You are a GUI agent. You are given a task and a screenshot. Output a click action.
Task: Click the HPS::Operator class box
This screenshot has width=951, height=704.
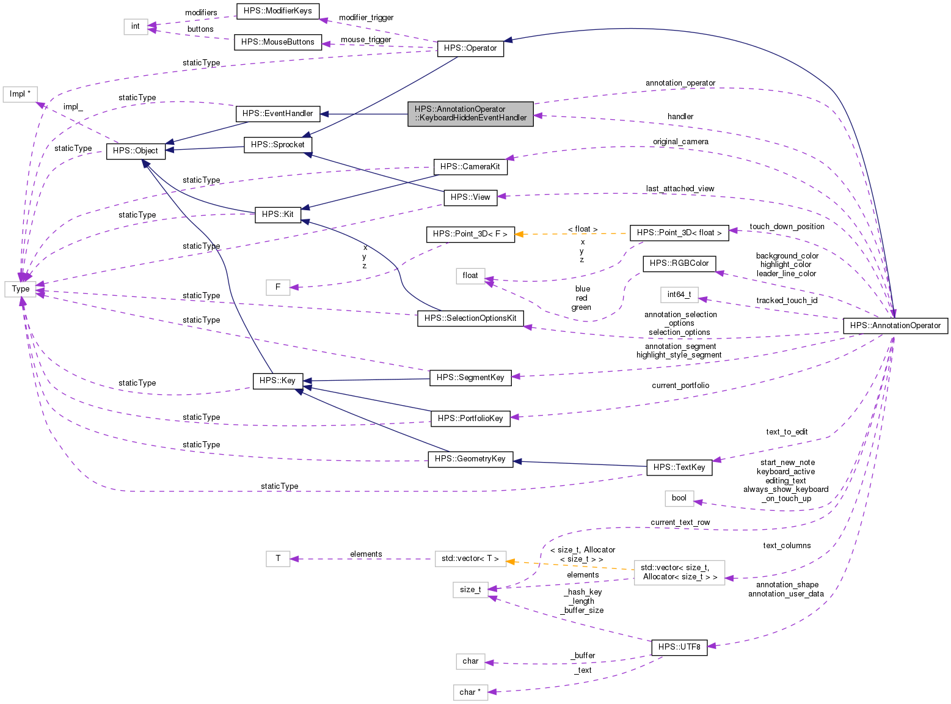pyautogui.click(x=470, y=48)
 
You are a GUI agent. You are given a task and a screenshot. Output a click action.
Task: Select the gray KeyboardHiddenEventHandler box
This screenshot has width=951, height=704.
pyautogui.click(x=470, y=114)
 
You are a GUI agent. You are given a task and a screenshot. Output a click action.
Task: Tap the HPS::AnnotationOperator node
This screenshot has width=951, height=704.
pyautogui.click(x=895, y=326)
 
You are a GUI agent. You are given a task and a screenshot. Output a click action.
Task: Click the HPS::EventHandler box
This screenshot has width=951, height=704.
pyautogui.click(x=277, y=114)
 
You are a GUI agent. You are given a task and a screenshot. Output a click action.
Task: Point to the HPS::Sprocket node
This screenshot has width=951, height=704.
pyautogui.click(x=278, y=145)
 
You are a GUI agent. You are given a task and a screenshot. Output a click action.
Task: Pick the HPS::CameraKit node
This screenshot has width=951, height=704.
pyautogui.click(x=470, y=166)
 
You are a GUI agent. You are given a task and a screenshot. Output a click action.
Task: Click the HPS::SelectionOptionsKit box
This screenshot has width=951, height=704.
pyautogui.click(x=470, y=318)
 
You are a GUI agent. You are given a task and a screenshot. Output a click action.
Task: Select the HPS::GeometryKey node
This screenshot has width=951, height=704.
pyautogui.click(x=470, y=459)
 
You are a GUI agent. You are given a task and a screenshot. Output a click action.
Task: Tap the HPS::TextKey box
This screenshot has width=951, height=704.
pyautogui.click(x=679, y=468)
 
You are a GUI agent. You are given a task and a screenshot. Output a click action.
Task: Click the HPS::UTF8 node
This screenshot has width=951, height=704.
pyautogui.click(x=679, y=647)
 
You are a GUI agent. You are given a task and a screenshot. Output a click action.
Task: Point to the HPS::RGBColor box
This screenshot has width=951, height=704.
pyautogui.click(x=679, y=263)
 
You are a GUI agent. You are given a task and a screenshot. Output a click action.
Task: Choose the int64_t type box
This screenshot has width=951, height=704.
pyautogui.click(x=679, y=295)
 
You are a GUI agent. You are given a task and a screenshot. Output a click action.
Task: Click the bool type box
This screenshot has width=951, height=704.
pyautogui.click(x=679, y=498)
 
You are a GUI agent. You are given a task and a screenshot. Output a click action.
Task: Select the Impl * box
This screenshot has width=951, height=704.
pyautogui.click(x=20, y=94)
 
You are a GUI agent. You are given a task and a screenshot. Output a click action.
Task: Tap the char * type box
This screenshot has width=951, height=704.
pyautogui.click(x=470, y=692)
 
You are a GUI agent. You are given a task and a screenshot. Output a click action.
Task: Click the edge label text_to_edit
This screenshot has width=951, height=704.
pyautogui.click(x=787, y=432)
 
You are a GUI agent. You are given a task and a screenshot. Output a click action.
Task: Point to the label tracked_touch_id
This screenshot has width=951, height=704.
pyautogui.click(x=787, y=301)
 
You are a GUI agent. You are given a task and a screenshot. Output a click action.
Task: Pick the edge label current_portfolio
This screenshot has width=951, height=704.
pyautogui.click(x=680, y=386)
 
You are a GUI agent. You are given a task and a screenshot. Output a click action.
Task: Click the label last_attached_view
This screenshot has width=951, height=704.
pyautogui.click(x=680, y=189)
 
